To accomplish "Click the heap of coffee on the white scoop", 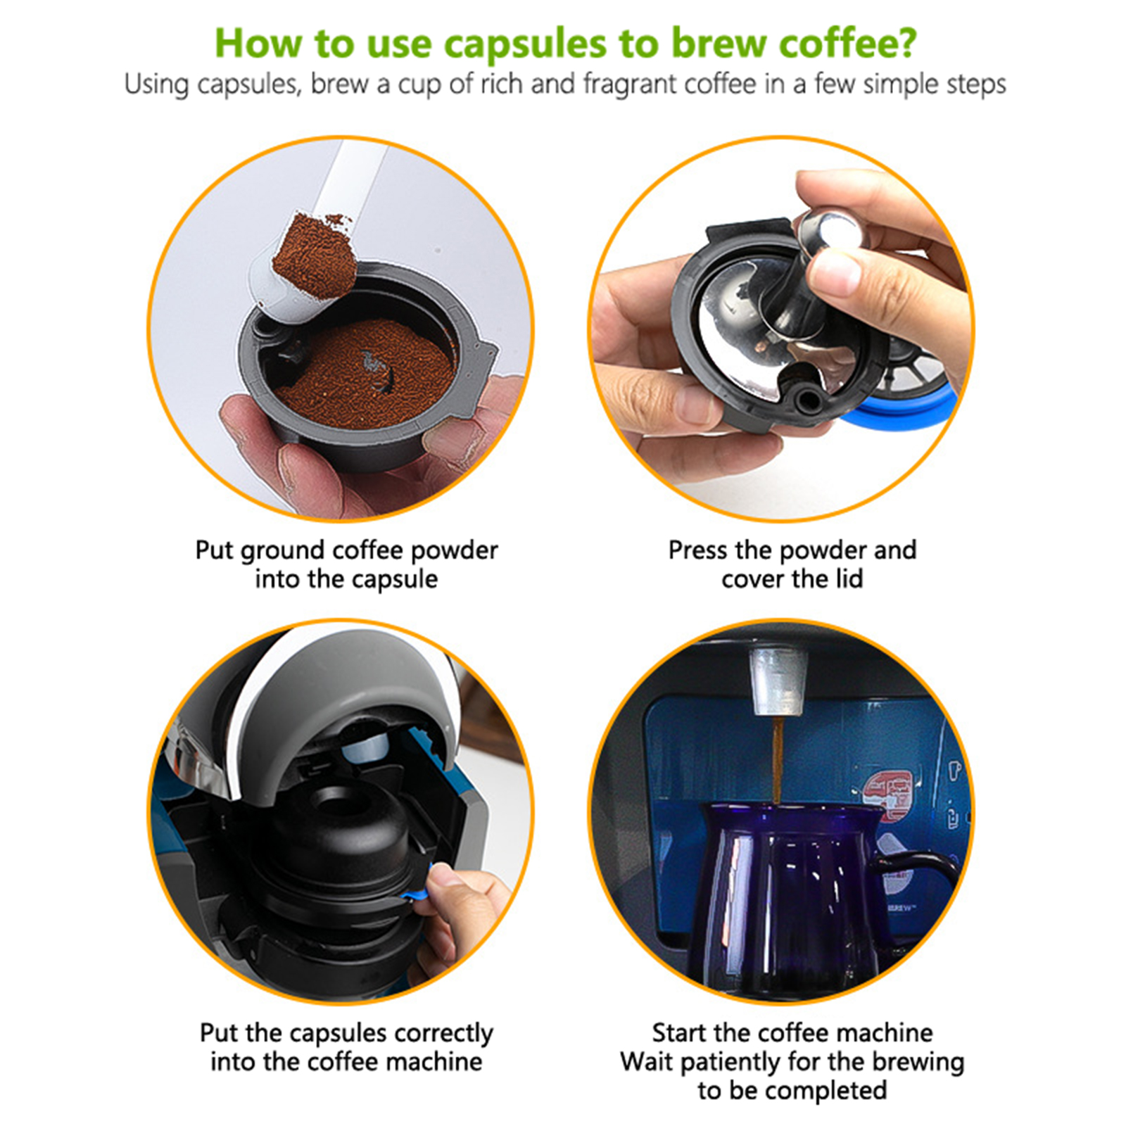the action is [314, 254].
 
